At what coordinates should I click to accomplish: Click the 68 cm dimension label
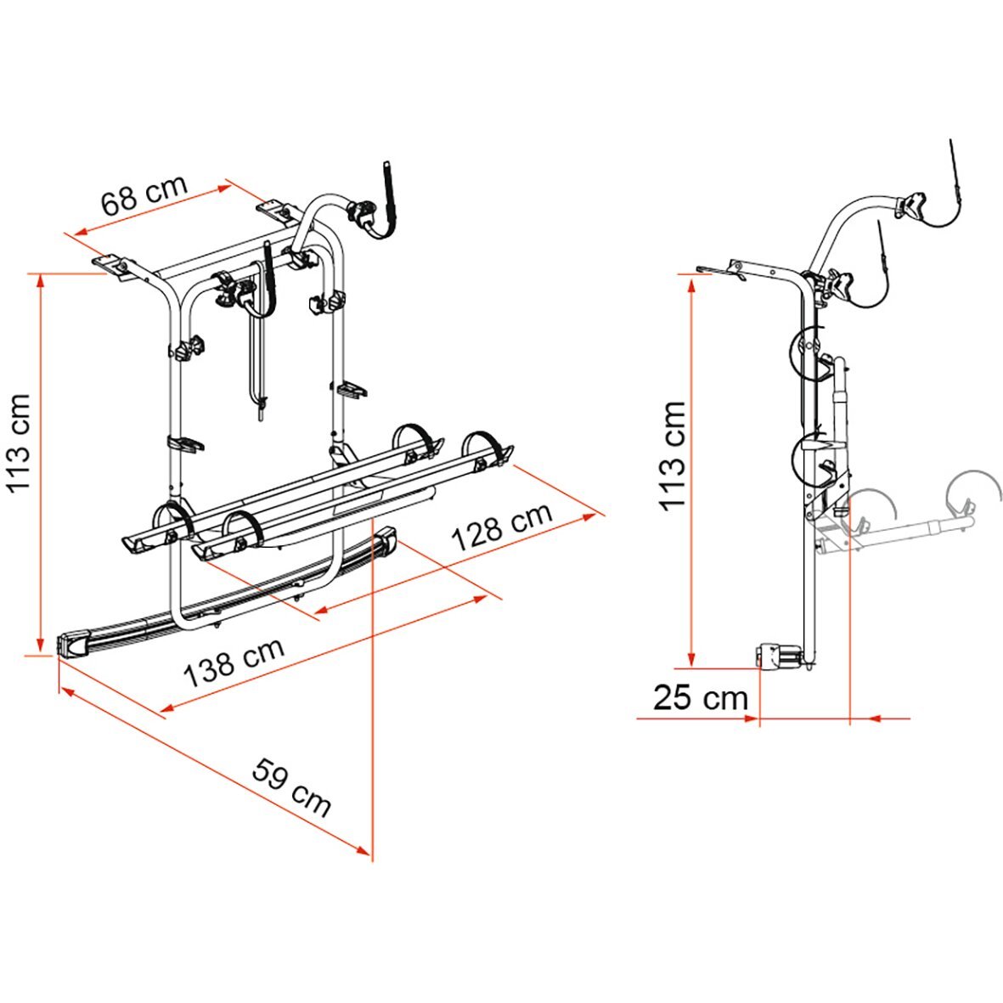pos(144,196)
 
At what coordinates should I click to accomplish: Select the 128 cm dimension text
pos(501,527)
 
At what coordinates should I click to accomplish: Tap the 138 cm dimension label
pos(234,662)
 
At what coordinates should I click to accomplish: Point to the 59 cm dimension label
pos(291,787)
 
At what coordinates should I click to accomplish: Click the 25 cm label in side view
pos(701,698)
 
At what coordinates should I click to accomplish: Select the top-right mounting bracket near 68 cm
pos(274,209)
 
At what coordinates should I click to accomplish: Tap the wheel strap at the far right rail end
pos(490,447)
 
